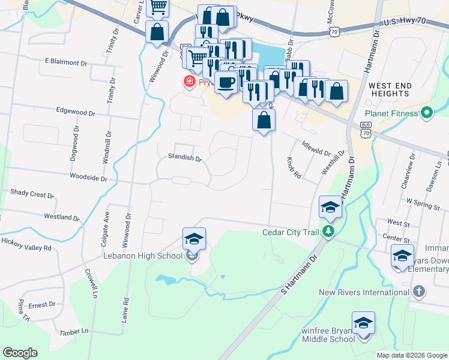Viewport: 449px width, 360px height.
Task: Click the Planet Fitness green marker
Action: [x=427, y=113]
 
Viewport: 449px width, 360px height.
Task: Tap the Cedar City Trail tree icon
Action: [x=328, y=232]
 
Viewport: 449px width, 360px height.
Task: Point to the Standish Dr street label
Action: [x=185, y=158]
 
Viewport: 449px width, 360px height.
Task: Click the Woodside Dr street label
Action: [x=88, y=178]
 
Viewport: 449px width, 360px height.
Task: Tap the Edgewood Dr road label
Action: [x=75, y=112]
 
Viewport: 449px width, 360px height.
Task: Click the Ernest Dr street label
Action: [x=41, y=305]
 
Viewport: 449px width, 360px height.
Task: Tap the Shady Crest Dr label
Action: [x=32, y=194]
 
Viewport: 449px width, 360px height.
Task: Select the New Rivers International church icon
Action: [x=419, y=292]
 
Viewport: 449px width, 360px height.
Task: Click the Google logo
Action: [x=20, y=352]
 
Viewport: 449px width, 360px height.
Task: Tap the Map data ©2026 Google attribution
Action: [x=412, y=355]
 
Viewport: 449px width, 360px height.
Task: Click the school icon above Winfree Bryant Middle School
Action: [x=363, y=323]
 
